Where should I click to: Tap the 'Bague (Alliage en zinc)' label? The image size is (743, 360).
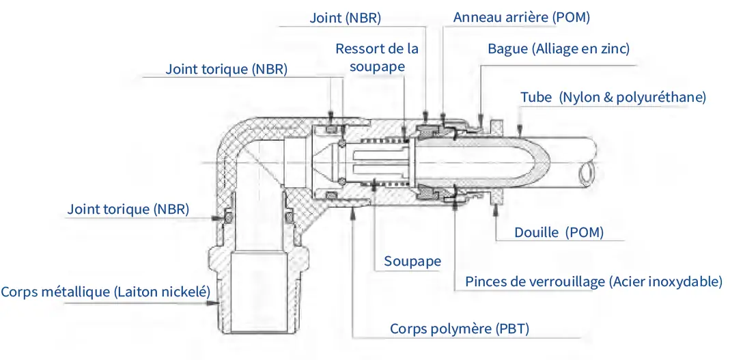click(558, 49)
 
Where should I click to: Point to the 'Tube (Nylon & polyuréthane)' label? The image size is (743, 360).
click(613, 97)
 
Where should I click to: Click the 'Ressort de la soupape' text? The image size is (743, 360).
click(376, 58)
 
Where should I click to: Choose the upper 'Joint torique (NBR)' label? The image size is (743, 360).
click(226, 69)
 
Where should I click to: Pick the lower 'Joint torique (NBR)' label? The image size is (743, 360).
click(128, 208)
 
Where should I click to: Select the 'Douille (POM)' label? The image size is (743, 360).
click(559, 232)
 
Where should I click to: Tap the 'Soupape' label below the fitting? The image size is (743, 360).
click(412, 261)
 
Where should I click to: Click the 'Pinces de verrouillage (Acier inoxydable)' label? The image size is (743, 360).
click(593, 281)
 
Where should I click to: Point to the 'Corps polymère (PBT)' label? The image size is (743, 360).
click(460, 329)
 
